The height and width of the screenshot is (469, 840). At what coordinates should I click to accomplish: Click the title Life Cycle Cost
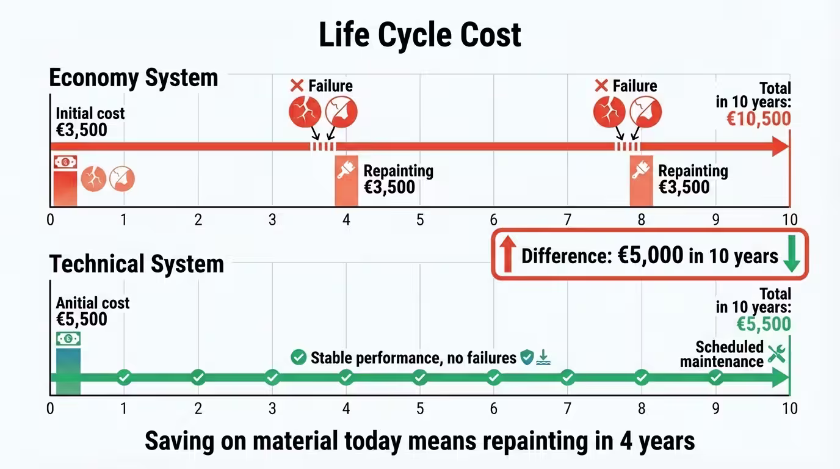[420, 35]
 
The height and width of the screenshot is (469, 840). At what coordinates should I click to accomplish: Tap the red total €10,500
[759, 118]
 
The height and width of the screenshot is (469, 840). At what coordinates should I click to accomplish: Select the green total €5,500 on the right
[763, 324]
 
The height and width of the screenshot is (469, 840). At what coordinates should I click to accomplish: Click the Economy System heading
[133, 78]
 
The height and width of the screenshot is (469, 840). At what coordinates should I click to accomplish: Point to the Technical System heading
[136, 264]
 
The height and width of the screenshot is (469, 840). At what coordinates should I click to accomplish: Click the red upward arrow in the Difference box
[507, 255]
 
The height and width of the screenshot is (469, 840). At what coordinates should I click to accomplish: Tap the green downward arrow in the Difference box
[791, 255]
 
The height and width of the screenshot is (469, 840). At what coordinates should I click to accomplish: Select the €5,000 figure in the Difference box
[650, 255]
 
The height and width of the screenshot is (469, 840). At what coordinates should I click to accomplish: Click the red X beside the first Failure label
[297, 85]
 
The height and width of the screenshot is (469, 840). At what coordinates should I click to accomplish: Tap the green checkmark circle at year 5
[419, 377]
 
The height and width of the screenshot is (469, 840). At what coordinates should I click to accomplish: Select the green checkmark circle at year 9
[715, 377]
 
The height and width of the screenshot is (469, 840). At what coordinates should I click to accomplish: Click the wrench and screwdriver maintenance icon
[777, 354]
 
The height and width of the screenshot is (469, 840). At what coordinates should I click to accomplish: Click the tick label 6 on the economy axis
[494, 220]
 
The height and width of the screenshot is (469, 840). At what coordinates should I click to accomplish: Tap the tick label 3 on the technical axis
[272, 408]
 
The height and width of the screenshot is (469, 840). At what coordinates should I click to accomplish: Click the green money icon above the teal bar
[68, 339]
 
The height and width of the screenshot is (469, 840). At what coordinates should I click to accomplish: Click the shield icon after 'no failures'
[526, 357]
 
